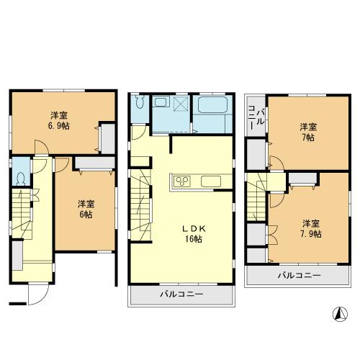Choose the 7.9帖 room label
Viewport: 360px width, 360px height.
point(310,228)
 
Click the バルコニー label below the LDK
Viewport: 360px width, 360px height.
point(181,294)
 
